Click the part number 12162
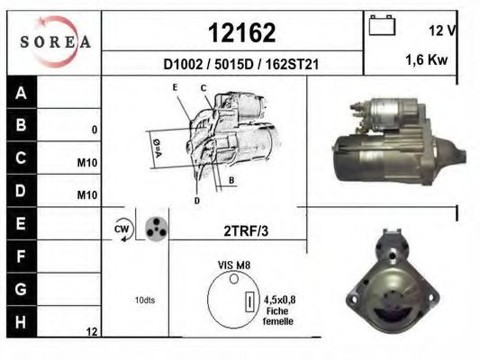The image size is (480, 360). (242, 32)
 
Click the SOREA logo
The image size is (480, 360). (55, 41)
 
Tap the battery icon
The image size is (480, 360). (383, 25)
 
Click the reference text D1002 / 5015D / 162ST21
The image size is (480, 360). (242, 65)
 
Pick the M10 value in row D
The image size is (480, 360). (86, 194)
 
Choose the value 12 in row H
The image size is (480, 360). (91, 332)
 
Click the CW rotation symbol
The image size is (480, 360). (122, 229)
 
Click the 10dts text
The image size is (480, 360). (144, 300)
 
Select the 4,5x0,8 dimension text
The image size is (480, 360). (280, 301)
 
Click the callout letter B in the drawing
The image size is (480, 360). (231, 180)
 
